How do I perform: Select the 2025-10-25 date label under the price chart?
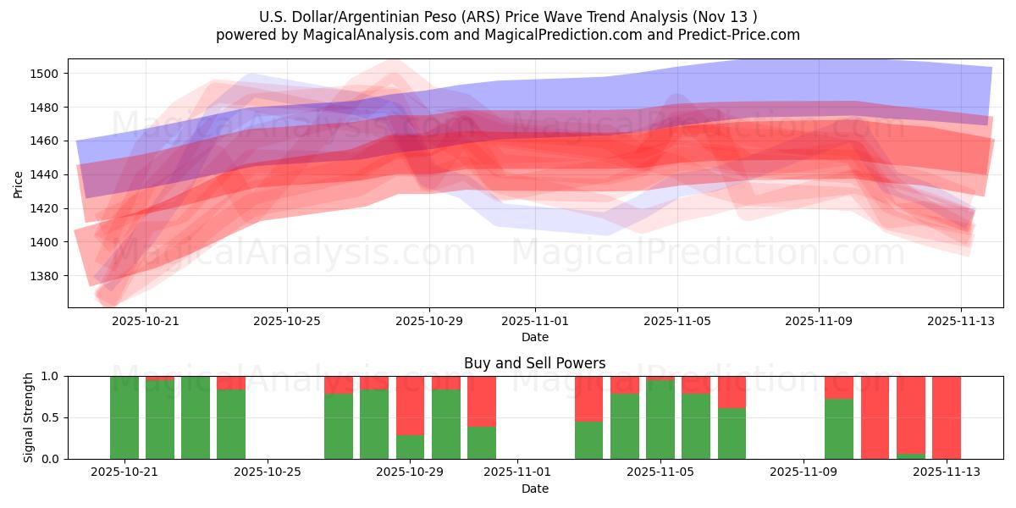coord(286,321)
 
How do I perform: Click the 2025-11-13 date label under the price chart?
coord(960,321)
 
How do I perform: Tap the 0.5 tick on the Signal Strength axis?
coord(51,417)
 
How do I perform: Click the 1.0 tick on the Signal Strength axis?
coord(51,376)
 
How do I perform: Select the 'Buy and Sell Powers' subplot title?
coord(534,363)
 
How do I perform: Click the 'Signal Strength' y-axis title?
coord(29,417)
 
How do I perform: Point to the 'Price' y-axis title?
coord(18,183)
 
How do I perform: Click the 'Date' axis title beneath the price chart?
coord(534,337)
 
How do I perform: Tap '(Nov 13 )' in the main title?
coord(725,17)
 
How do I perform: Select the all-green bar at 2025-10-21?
coord(124,417)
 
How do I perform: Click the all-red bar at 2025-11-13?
coord(946,417)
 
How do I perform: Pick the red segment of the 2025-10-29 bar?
coord(410,406)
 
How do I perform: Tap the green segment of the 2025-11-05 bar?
coord(660,420)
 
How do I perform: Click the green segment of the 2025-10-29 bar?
coord(410,447)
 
